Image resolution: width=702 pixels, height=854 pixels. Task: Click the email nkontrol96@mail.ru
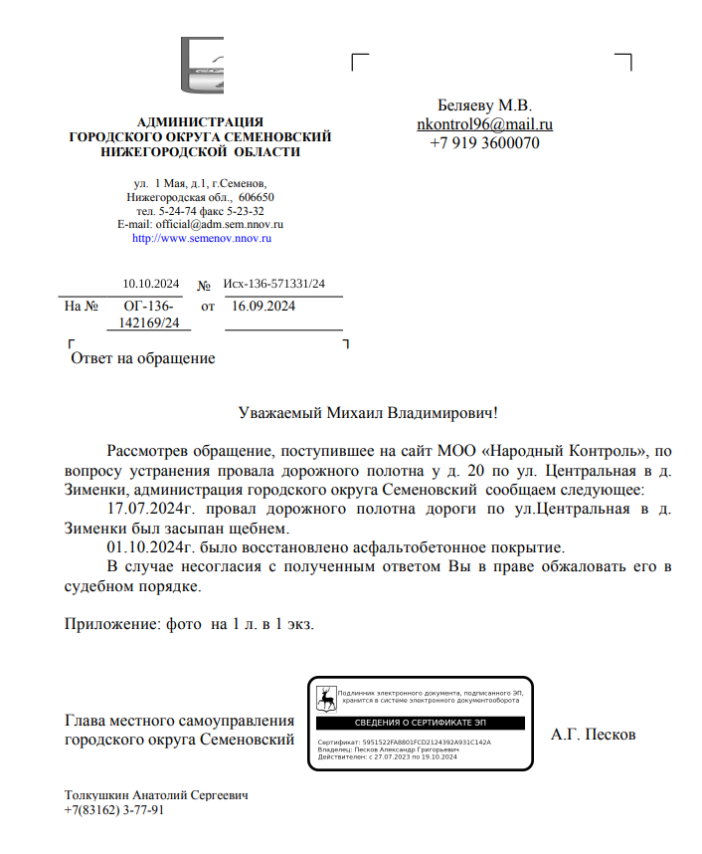tap(484, 124)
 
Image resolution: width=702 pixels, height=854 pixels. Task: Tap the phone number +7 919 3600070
tap(484, 143)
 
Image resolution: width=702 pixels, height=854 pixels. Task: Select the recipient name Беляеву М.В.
tap(484, 106)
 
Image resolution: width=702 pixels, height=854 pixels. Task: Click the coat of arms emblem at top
tap(202, 67)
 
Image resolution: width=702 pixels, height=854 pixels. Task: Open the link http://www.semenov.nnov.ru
tap(201, 239)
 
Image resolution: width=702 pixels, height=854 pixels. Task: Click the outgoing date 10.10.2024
tap(151, 285)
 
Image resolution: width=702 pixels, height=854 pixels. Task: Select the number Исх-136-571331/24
tap(273, 285)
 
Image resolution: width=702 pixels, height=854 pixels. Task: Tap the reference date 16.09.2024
tap(263, 307)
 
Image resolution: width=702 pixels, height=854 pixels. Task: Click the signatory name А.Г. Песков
tap(593, 736)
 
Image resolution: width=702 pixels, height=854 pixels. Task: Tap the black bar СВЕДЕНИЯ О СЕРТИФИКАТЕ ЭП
tap(422, 722)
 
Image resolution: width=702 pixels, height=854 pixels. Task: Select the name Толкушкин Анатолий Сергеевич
tap(156, 796)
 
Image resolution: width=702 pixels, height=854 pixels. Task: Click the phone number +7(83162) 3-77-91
tap(114, 811)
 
